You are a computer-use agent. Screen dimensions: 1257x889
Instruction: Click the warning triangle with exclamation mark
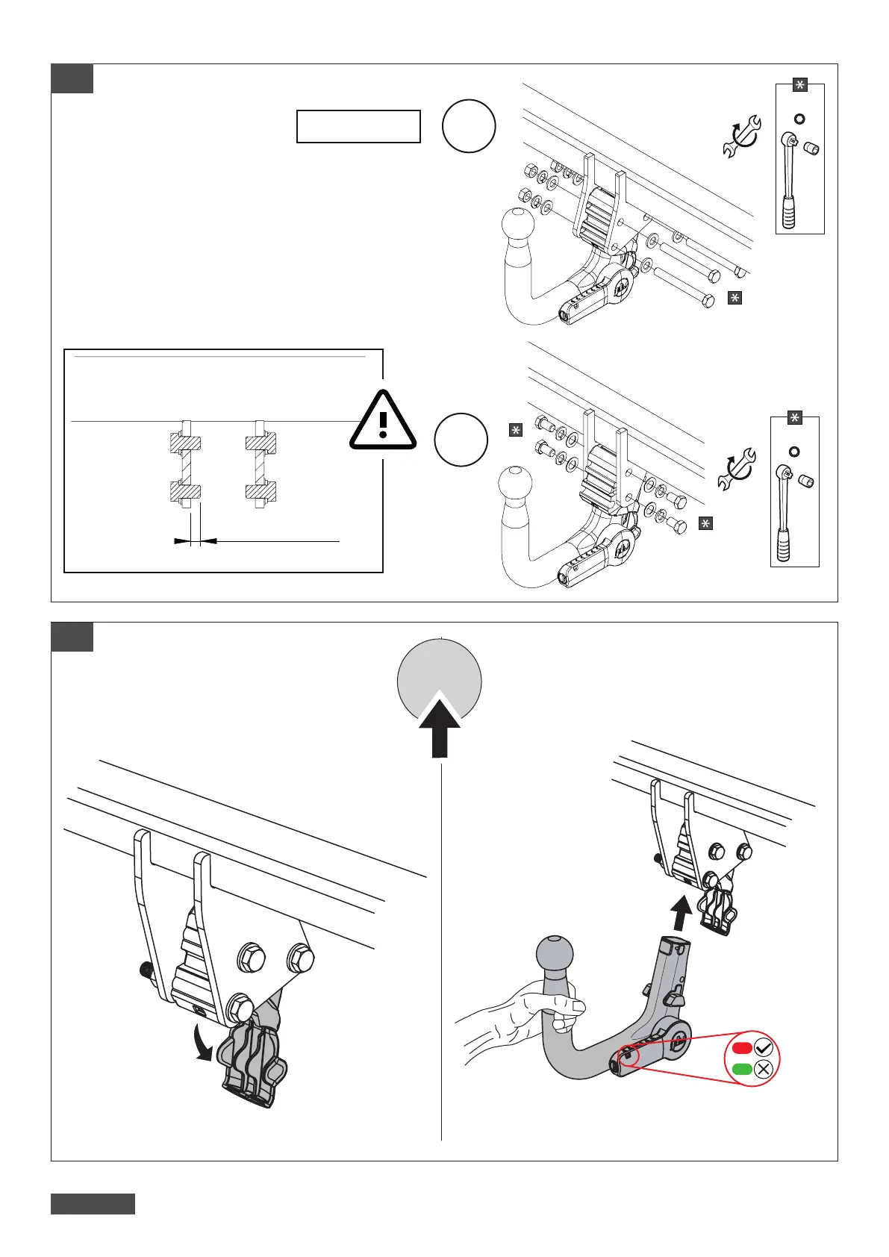point(383,422)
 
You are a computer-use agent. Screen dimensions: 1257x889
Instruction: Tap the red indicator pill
point(741,1047)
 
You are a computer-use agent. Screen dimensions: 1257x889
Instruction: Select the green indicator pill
point(741,1069)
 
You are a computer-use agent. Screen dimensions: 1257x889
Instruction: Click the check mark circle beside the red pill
point(764,1047)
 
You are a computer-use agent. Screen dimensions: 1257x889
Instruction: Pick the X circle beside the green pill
point(764,1069)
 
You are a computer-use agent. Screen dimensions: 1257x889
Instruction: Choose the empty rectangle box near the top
point(358,126)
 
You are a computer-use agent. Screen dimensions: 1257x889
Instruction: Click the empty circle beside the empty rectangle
point(469,126)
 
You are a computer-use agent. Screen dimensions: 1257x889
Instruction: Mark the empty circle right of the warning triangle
point(461,440)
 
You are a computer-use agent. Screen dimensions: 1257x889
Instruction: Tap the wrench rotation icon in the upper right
point(741,136)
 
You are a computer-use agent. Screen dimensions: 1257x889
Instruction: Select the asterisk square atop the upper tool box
point(799,85)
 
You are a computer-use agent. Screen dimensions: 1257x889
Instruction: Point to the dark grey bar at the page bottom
point(93,1204)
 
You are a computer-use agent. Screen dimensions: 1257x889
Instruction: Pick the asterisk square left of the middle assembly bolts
point(515,430)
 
